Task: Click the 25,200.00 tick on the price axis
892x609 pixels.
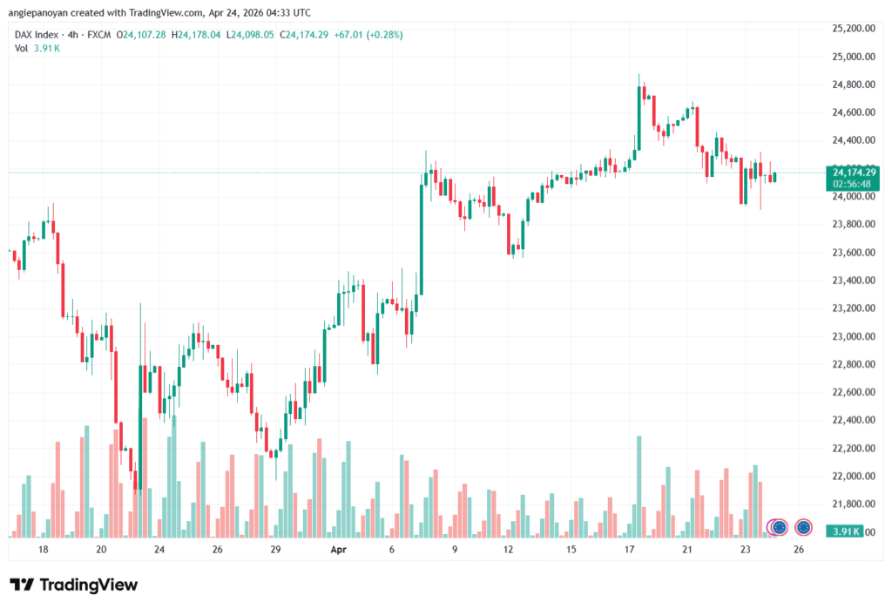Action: pyautogui.click(x=853, y=28)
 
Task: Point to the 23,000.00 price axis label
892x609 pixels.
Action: pyautogui.click(x=853, y=336)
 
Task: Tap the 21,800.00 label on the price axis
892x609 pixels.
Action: pyautogui.click(x=853, y=504)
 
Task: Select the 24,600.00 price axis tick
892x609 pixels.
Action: pyautogui.click(x=853, y=112)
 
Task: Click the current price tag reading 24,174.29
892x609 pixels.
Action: pyautogui.click(x=854, y=172)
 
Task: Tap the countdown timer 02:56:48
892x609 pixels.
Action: pyautogui.click(x=854, y=184)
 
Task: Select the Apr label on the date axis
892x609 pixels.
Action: pyautogui.click(x=338, y=551)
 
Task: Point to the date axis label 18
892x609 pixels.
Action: pyautogui.click(x=44, y=551)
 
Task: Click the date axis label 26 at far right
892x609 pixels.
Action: pyautogui.click(x=798, y=551)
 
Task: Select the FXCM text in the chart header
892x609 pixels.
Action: pyautogui.click(x=98, y=35)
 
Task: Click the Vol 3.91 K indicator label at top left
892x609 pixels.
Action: pyautogui.click(x=37, y=48)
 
